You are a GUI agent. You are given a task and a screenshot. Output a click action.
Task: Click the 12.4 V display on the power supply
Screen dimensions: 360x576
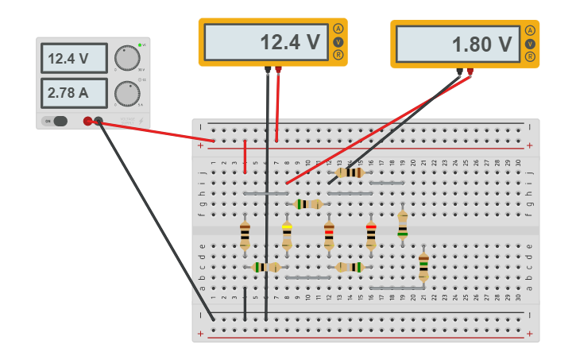(74, 58)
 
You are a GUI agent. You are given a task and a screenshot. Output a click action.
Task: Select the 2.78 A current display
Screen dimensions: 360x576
(74, 92)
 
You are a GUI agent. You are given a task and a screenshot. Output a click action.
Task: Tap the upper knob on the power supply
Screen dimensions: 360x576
(126, 58)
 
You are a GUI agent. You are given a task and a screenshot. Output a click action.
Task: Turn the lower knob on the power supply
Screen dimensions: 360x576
(126, 93)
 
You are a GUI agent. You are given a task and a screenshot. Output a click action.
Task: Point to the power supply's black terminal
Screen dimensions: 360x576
(99, 121)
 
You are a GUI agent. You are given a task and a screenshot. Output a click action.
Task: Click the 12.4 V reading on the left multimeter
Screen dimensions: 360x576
(265, 42)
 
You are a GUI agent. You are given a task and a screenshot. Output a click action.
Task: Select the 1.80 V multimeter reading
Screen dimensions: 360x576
(458, 45)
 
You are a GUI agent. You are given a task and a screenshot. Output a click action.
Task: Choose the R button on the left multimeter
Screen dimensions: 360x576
(338, 55)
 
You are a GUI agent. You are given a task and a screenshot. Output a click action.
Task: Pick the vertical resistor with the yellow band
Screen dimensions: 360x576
(287, 235)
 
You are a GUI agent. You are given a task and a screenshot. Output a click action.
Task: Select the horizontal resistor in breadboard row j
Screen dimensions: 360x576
(350, 172)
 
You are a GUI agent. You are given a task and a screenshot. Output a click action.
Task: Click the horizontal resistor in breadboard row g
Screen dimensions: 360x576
(307, 204)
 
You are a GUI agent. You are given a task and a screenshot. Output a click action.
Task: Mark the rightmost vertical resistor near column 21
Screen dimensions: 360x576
(423, 266)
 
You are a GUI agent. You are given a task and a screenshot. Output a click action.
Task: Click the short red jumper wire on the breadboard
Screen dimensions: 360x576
(245, 157)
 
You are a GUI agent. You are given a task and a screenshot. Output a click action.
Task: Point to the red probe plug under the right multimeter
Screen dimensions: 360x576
(470, 72)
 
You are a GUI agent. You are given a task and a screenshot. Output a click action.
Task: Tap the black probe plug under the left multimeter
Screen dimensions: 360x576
(268, 70)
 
